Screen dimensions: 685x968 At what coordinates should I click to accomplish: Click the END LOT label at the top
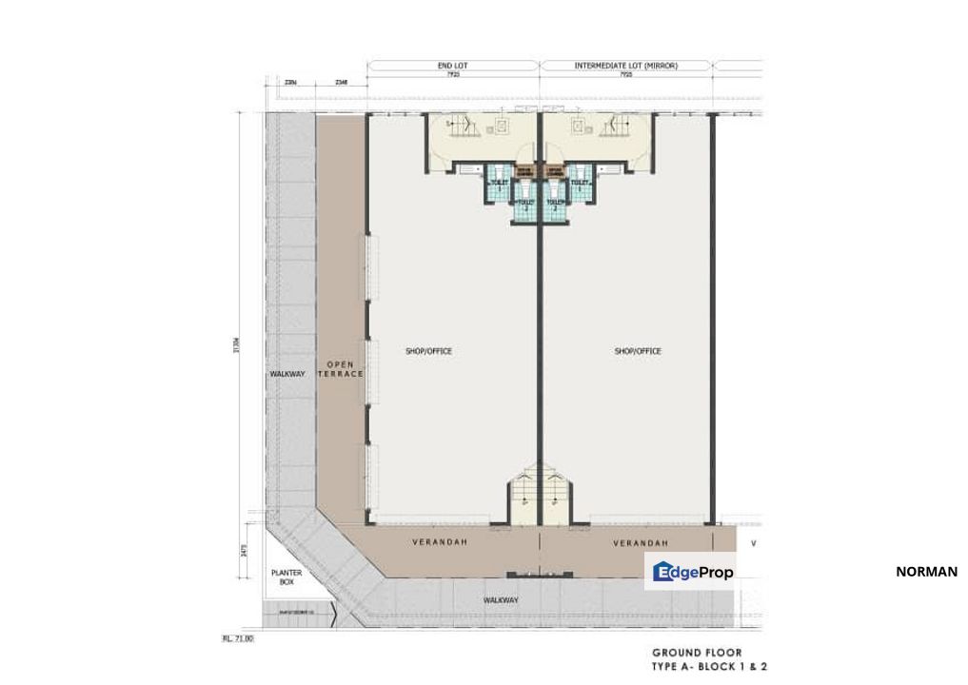tap(453, 66)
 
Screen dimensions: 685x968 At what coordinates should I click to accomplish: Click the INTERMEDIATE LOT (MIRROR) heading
tap(625, 66)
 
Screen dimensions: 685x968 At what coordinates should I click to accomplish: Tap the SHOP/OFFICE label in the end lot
tap(428, 351)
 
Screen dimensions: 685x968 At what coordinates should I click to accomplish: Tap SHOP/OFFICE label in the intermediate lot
tap(638, 351)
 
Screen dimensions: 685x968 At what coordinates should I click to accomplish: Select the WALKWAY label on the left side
tap(287, 374)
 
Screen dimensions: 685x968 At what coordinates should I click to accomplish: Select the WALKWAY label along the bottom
tap(501, 600)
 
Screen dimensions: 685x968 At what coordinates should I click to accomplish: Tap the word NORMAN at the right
tap(926, 572)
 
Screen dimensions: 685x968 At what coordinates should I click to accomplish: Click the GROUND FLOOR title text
tap(697, 653)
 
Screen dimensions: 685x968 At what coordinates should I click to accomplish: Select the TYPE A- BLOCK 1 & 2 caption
tap(709, 666)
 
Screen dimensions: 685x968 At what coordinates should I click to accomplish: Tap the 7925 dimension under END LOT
tap(453, 74)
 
